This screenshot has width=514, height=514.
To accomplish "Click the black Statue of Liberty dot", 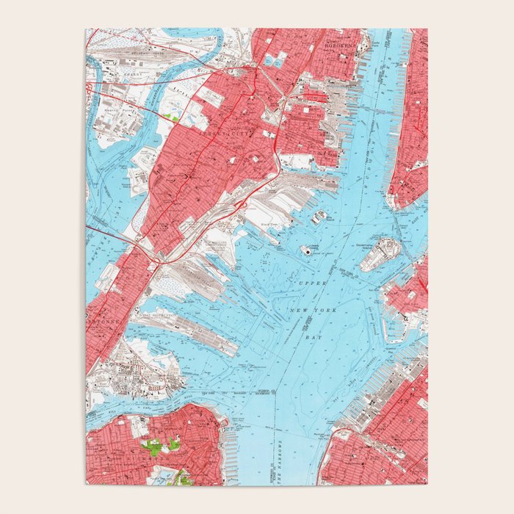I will (x=305, y=250).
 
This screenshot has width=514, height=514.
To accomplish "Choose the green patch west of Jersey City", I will (x=173, y=116).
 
